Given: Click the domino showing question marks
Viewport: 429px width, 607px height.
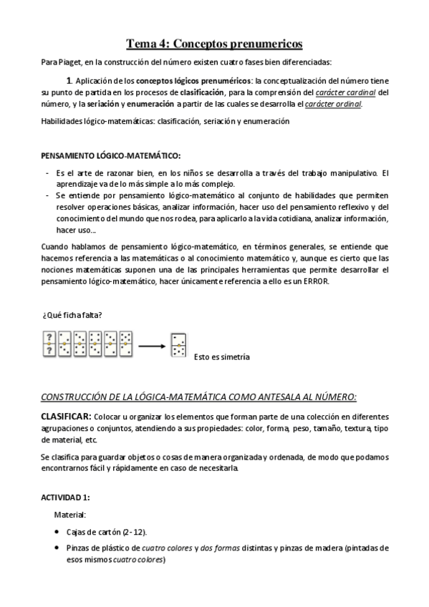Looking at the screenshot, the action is (49, 344).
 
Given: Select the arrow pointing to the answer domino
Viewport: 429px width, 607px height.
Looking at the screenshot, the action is (152, 346).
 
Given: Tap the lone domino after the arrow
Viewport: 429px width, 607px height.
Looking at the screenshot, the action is (178, 346).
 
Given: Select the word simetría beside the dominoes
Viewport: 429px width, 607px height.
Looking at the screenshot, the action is (233, 356).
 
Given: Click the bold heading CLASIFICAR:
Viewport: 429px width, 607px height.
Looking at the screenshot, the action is (65, 416).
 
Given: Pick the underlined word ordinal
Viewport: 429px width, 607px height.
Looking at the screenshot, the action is (346, 104).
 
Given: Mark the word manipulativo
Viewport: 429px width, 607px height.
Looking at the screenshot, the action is (350, 172).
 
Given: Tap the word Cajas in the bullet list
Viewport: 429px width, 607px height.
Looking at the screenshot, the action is (77, 532).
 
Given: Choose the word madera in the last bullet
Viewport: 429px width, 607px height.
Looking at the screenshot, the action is (327, 548).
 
